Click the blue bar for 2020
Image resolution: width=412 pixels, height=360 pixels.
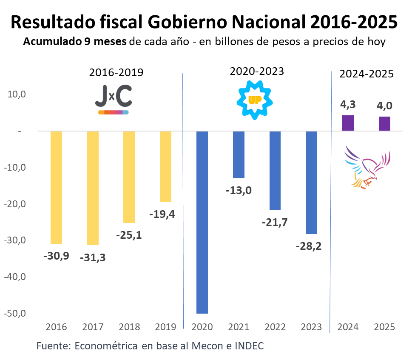click(202, 222)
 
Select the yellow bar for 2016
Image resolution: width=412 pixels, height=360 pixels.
click(56, 187)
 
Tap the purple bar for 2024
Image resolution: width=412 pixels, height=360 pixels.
click(348, 123)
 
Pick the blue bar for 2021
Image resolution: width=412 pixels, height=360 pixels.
click(239, 154)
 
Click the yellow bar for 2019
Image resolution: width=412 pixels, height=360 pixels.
click(165, 166)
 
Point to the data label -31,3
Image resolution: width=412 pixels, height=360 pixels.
click(93, 258)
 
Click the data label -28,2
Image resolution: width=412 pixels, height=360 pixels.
click(311, 247)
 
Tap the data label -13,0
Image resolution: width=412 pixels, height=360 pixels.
click(239, 190)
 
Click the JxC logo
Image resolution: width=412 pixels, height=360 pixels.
click(113, 100)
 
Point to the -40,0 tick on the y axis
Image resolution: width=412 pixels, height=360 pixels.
click(16, 277)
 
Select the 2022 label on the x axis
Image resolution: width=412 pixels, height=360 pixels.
click(275, 327)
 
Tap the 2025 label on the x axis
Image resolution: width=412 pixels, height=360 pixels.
click(384, 327)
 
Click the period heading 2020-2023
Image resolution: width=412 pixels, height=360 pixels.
click(256, 71)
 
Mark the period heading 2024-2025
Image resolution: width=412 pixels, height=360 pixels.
click(367, 74)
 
